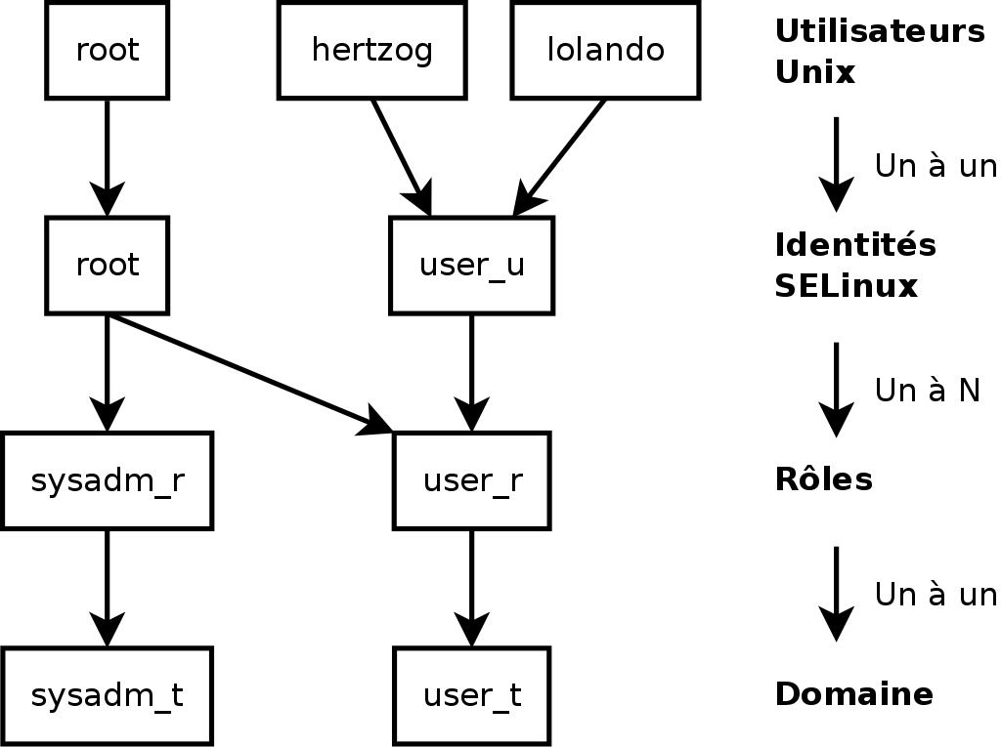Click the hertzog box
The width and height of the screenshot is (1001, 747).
click(371, 50)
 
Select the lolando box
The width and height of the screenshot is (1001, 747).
click(605, 50)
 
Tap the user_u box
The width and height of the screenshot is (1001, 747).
click(471, 265)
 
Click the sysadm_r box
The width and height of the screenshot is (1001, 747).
click(107, 480)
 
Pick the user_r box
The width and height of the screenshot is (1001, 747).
click(471, 480)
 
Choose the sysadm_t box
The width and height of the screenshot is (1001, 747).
click(107, 695)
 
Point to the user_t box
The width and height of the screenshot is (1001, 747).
click(471, 695)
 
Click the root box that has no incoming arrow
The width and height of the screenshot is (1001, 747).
click(107, 50)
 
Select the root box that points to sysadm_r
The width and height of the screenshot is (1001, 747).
click(107, 265)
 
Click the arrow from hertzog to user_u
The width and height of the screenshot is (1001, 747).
click(400, 155)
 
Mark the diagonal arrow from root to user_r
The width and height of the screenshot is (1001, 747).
click(244, 371)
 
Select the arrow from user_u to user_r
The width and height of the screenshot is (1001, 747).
click(471, 371)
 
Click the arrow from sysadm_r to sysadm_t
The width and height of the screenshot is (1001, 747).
click(107, 586)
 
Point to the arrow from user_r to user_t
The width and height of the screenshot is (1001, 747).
click(471, 586)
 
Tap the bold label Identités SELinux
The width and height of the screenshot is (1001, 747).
click(854, 265)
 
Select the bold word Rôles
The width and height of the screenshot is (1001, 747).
click(823, 479)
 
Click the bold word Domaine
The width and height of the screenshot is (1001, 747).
click(853, 694)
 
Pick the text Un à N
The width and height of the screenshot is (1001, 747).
click(927, 391)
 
